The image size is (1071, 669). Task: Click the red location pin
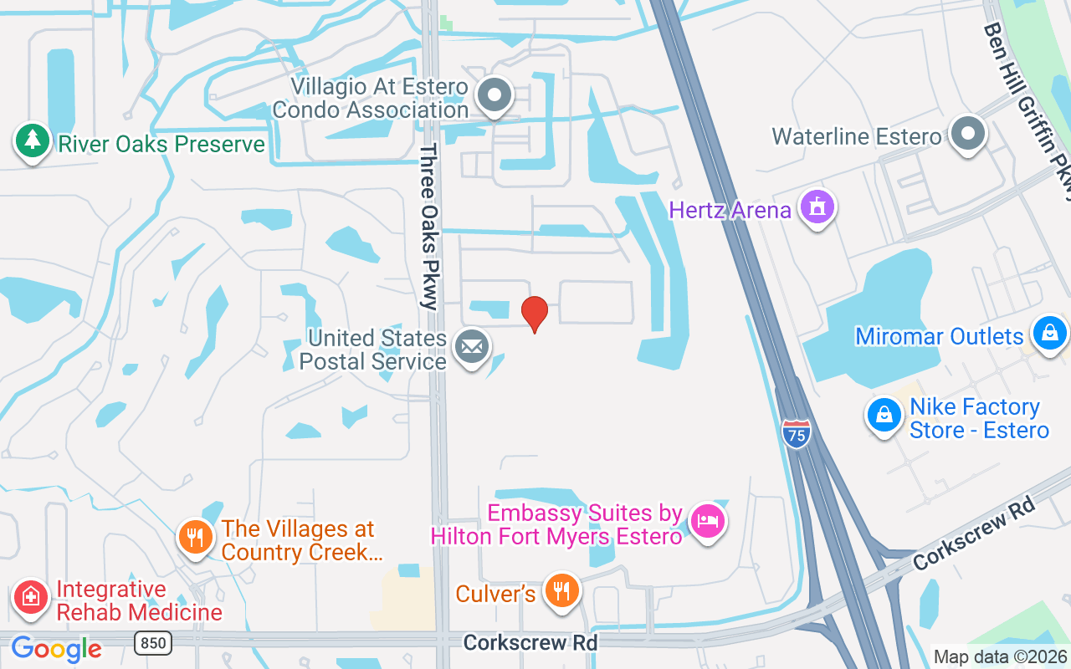pos(534,314)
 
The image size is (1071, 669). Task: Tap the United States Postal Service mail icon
pos(472,347)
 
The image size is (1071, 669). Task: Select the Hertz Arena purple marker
pos(817,207)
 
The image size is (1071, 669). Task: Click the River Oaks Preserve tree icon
pos(32,140)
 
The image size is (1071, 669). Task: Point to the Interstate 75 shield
pos(797,433)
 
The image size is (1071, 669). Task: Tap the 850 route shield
pos(153,642)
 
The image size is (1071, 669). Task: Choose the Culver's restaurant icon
pos(561,590)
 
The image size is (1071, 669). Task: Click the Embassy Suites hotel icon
pos(708,522)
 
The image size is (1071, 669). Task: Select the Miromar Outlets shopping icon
pos(1049,334)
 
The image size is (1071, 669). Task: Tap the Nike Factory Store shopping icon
pos(884,415)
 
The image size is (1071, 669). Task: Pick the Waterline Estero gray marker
pos(968,133)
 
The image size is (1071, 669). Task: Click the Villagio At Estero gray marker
pos(495,95)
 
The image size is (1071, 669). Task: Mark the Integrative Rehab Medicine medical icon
pos(31,597)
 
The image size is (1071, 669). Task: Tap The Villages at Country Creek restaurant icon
pos(196,537)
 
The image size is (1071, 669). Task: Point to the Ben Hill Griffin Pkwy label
pos(1027,109)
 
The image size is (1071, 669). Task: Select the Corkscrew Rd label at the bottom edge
pos(530,642)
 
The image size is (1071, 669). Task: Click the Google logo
pos(56,649)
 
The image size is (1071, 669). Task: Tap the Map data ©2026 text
pos(1000,656)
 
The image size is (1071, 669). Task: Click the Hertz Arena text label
pos(730,209)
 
